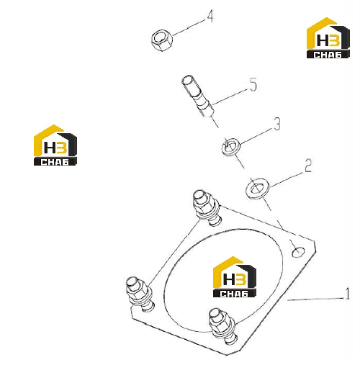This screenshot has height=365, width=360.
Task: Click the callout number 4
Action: pyautogui.click(x=210, y=17)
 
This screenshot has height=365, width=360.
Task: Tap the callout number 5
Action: pyautogui.click(x=253, y=84)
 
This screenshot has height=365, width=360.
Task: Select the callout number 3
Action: pyautogui.click(x=277, y=124)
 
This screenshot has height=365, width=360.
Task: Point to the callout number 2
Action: pyautogui.click(x=308, y=166)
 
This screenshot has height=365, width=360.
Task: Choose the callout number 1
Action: pyautogui.click(x=347, y=294)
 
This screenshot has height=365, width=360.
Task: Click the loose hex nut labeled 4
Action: pyautogui.click(x=162, y=40)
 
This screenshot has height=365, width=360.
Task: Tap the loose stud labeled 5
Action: pyautogui.click(x=198, y=96)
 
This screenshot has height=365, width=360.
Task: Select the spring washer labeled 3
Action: pyautogui.click(x=231, y=147)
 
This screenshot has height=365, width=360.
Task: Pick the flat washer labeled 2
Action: pyautogui.click(x=258, y=188)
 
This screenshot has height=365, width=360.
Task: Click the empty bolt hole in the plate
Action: pyautogui.click(x=298, y=252)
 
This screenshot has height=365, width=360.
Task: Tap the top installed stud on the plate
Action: pyautogui.click(x=207, y=207)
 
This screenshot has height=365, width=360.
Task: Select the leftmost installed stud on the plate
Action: pyautogui.click(x=140, y=294)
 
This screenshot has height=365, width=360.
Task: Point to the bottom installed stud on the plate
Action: pyautogui.click(x=222, y=326)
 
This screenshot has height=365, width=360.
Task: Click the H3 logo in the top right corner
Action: pyautogui.click(x=328, y=37)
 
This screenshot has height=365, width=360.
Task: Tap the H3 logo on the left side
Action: pyautogui.click(x=55, y=145)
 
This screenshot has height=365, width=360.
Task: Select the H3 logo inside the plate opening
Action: pyautogui.click(x=235, y=276)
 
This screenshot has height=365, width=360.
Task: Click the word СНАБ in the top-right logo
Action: pyautogui.click(x=328, y=55)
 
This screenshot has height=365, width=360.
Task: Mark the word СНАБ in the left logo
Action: pyautogui.click(x=55, y=162)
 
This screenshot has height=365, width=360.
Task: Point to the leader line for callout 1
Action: pyautogui.click(x=316, y=299)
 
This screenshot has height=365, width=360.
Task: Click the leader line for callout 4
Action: pyautogui.click(x=189, y=27)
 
